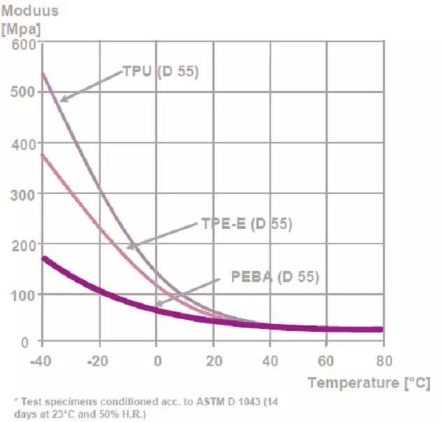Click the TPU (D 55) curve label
tap(161, 71)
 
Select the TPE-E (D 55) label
tap(246, 225)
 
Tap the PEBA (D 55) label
tap(275, 276)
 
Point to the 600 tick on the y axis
tap(23, 44)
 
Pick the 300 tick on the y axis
tap(23, 193)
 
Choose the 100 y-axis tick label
tap(23, 294)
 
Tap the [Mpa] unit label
tap(24, 30)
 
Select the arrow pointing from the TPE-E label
tap(162, 234)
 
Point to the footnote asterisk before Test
tap(17, 402)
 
